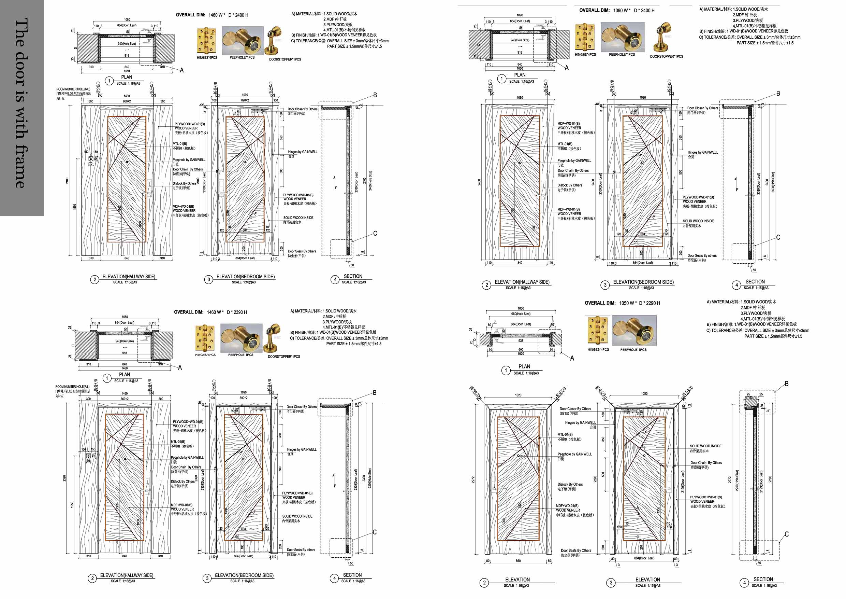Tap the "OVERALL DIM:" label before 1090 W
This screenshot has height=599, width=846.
594,10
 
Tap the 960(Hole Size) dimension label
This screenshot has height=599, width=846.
521,314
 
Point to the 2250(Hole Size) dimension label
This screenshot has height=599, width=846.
737,480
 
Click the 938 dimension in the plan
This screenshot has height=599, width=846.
521,340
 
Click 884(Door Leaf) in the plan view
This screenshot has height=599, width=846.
521,324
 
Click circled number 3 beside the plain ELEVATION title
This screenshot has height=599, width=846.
611,583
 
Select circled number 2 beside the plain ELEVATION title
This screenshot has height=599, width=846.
484,583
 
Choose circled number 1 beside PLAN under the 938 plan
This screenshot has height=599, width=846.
506,370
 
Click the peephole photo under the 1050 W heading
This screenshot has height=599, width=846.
634,331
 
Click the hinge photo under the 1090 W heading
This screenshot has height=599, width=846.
585,37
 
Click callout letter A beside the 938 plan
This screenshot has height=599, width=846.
572,358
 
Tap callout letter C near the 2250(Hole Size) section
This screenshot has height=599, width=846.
786,534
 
